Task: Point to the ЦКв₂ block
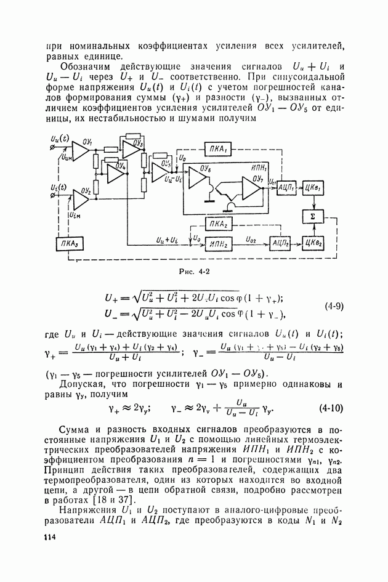(313, 244)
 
